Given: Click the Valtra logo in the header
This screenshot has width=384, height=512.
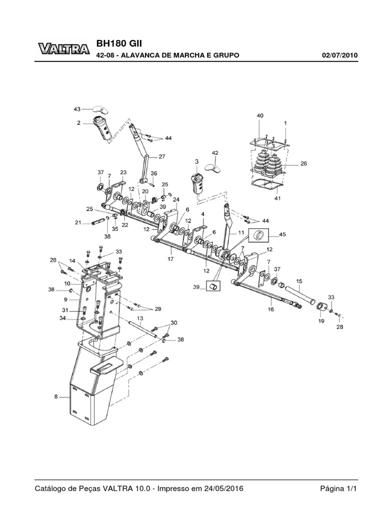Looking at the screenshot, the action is point(63,48).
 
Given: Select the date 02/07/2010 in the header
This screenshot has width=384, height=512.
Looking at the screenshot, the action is point(339,55).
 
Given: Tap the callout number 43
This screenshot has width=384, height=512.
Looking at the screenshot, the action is point(77,108).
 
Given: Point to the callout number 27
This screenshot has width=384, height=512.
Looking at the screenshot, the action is point(162,156).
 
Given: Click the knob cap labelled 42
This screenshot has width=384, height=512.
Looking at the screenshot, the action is point(212,165).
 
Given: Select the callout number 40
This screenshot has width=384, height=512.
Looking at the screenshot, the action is point(260,115).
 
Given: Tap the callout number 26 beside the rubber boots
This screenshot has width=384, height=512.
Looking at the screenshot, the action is point(303,163).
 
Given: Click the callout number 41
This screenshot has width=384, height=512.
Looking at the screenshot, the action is point(277,198).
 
